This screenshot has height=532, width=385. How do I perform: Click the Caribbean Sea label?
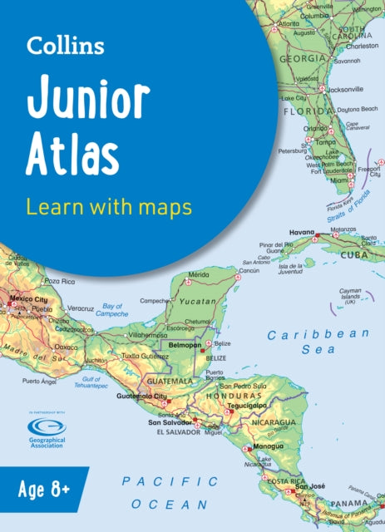point(317,342)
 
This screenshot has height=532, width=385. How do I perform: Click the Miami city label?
point(338,180)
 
